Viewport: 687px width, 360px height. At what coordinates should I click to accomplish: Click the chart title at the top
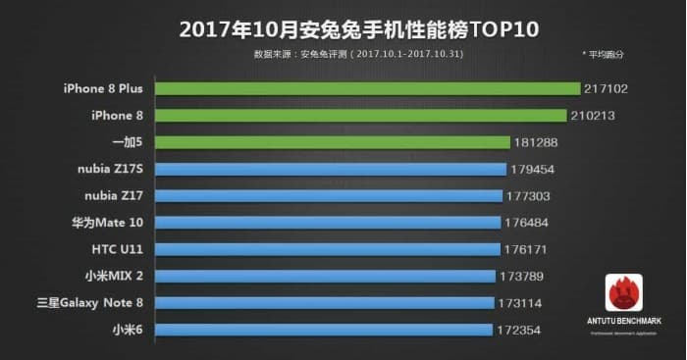(x=343, y=27)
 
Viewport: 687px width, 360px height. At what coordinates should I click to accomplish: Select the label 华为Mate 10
(x=107, y=223)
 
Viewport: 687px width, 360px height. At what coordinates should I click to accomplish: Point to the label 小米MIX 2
(x=111, y=276)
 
